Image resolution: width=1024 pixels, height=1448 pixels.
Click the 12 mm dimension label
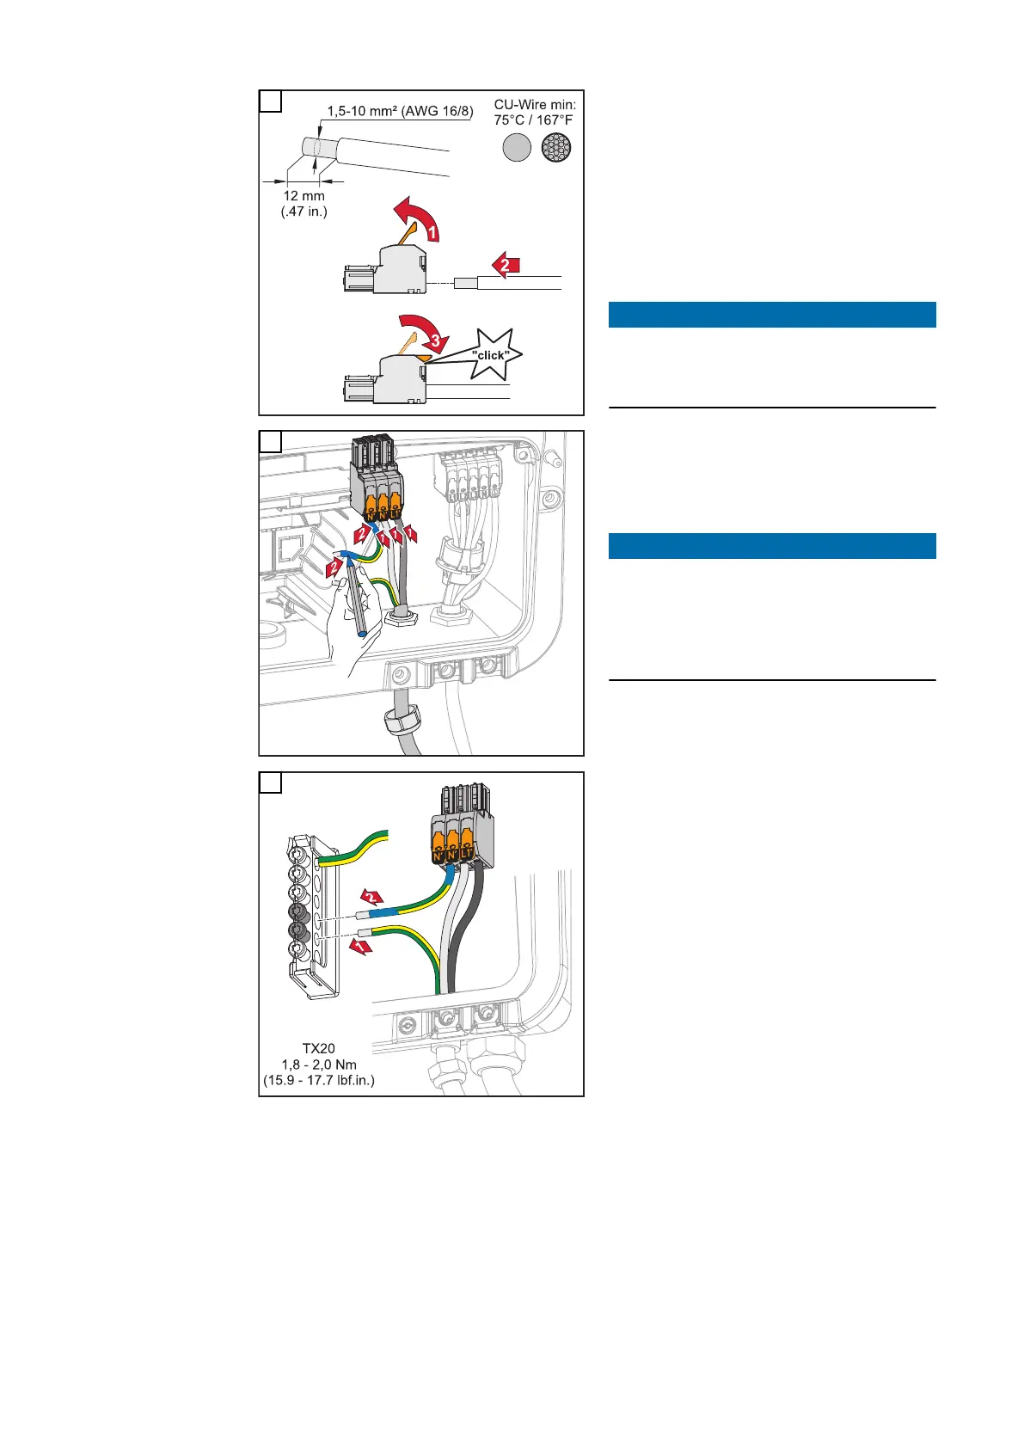coord(304,196)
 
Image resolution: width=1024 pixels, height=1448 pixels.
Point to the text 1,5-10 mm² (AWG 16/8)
coord(400,111)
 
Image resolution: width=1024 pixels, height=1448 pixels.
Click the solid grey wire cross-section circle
coord(516,148)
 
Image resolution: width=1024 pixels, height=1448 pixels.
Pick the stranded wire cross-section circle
coord(556,148)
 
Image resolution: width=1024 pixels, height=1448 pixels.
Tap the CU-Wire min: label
coord(535,105)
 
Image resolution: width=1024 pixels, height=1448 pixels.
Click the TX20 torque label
coord(318,1048)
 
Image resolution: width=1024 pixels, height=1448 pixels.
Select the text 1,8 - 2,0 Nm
coord(319,1065)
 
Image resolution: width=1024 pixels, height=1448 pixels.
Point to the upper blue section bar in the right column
coord(771,315)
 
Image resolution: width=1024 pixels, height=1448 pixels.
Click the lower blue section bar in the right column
coord(771,546)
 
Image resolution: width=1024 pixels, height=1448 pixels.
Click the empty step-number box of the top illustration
coord(270,101)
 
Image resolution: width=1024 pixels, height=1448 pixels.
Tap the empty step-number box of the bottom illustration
coord(270,782)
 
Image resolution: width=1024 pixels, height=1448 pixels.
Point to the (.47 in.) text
coord(304,212)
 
